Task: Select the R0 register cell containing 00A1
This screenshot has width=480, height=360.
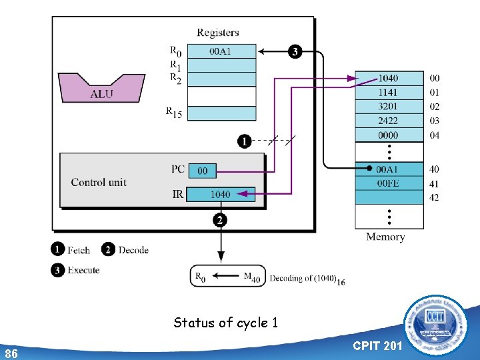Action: pyautogui.click(x=221, y=51)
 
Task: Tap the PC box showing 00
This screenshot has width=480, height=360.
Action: pyautogui.click(x=203, y=171)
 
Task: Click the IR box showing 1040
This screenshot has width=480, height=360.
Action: pyautogui.click(x=220, y=194)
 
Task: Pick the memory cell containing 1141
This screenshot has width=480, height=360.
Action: pyautogui.click(x=389, y=93)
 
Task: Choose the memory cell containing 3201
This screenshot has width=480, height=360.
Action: pyautogui.click(x=389, y=107)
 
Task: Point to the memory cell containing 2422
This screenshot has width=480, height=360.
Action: pyautogui.click(x=389, y=121)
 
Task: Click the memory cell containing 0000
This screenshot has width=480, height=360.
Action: pyautogui.click(x=389, y=135)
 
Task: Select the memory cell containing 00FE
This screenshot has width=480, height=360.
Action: pyautogui.click(x=389, y=183)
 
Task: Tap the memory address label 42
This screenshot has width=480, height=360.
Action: pyautogui.click(x=434, y=197)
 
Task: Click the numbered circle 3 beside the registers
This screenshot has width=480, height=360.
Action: pyautogui.click(x=294, y=51)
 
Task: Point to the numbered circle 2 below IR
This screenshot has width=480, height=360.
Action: pyautogui.click(x=219, y=219)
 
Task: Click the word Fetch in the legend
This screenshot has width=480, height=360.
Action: pyautogui.click(x=79, y=251)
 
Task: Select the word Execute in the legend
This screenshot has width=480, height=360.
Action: pyautogui.click(x=83, y=270)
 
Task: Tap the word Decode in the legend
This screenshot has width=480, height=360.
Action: pyautogui.click(x=133, y=250)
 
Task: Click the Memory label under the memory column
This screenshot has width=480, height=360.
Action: pyautogui.click(x=385, y=237)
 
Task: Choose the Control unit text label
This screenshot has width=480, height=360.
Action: pyautogui.click(x=99, y=182)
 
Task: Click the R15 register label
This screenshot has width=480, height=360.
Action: pyautogui.click(x=174, y=113)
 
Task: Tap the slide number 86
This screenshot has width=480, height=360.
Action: pyautogui.click(x=11, y=353)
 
